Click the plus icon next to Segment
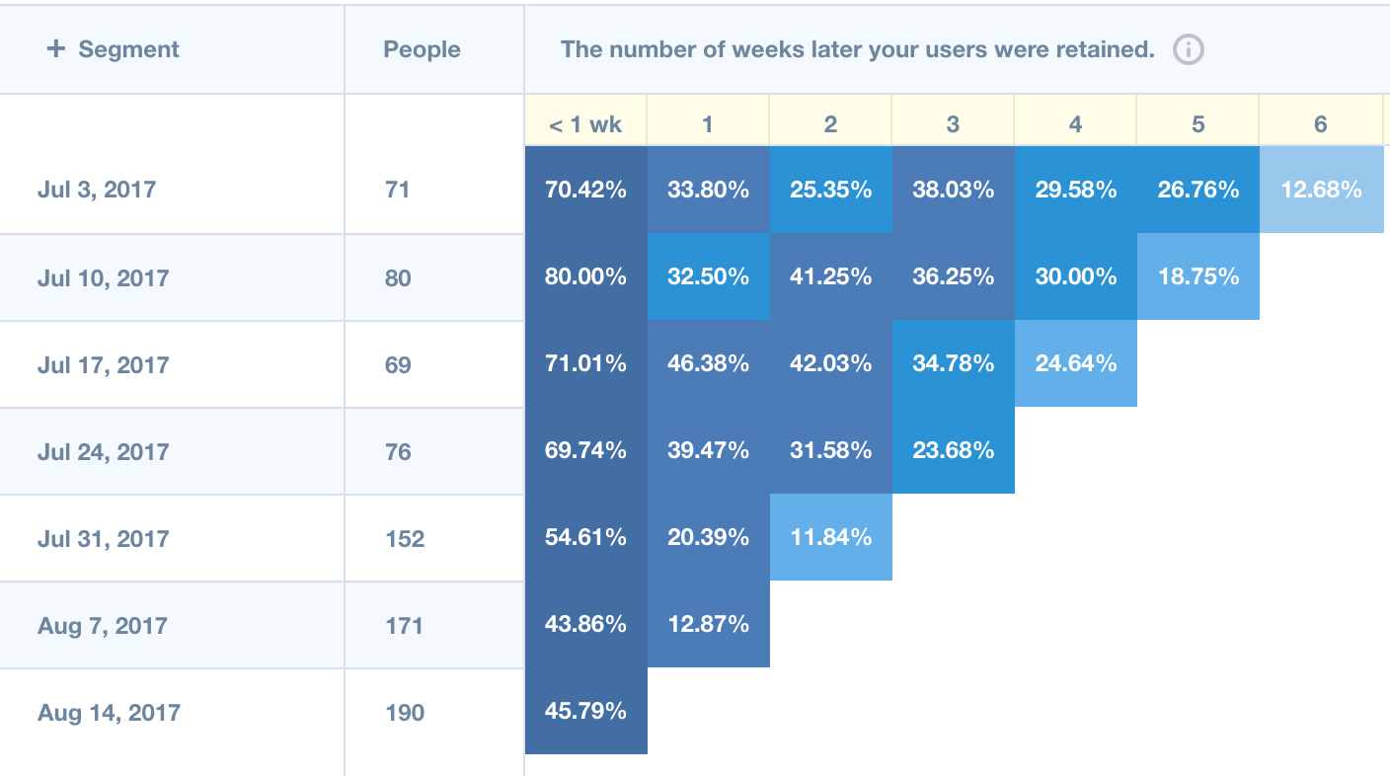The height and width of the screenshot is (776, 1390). [56, 49]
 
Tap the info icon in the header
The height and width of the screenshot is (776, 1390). [1189, 49]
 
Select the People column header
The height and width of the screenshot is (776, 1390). [422, 49]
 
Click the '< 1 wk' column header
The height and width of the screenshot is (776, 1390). [585, 124]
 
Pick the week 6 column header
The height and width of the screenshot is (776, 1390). [1321, 124]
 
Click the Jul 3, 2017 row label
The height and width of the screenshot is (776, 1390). [97, 190]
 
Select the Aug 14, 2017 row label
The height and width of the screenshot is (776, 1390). [109, 713]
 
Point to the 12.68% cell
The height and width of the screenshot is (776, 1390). [1321, 190]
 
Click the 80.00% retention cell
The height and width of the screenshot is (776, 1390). [585, 277]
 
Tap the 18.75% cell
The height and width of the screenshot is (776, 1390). [1198, 277]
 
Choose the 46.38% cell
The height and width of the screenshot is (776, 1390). [708, 364]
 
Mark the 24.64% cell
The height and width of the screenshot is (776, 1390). [1076, 364]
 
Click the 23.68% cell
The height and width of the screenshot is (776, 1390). [954, 451]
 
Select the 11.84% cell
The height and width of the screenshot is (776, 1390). [831, 538]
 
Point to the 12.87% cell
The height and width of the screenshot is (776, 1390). [708, 625]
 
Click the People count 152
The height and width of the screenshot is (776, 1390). [405, 539]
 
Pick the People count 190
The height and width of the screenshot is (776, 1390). [405, 713]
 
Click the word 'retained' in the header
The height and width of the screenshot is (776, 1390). [1113, 49]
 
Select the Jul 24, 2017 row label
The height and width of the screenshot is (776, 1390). [103, 452]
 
